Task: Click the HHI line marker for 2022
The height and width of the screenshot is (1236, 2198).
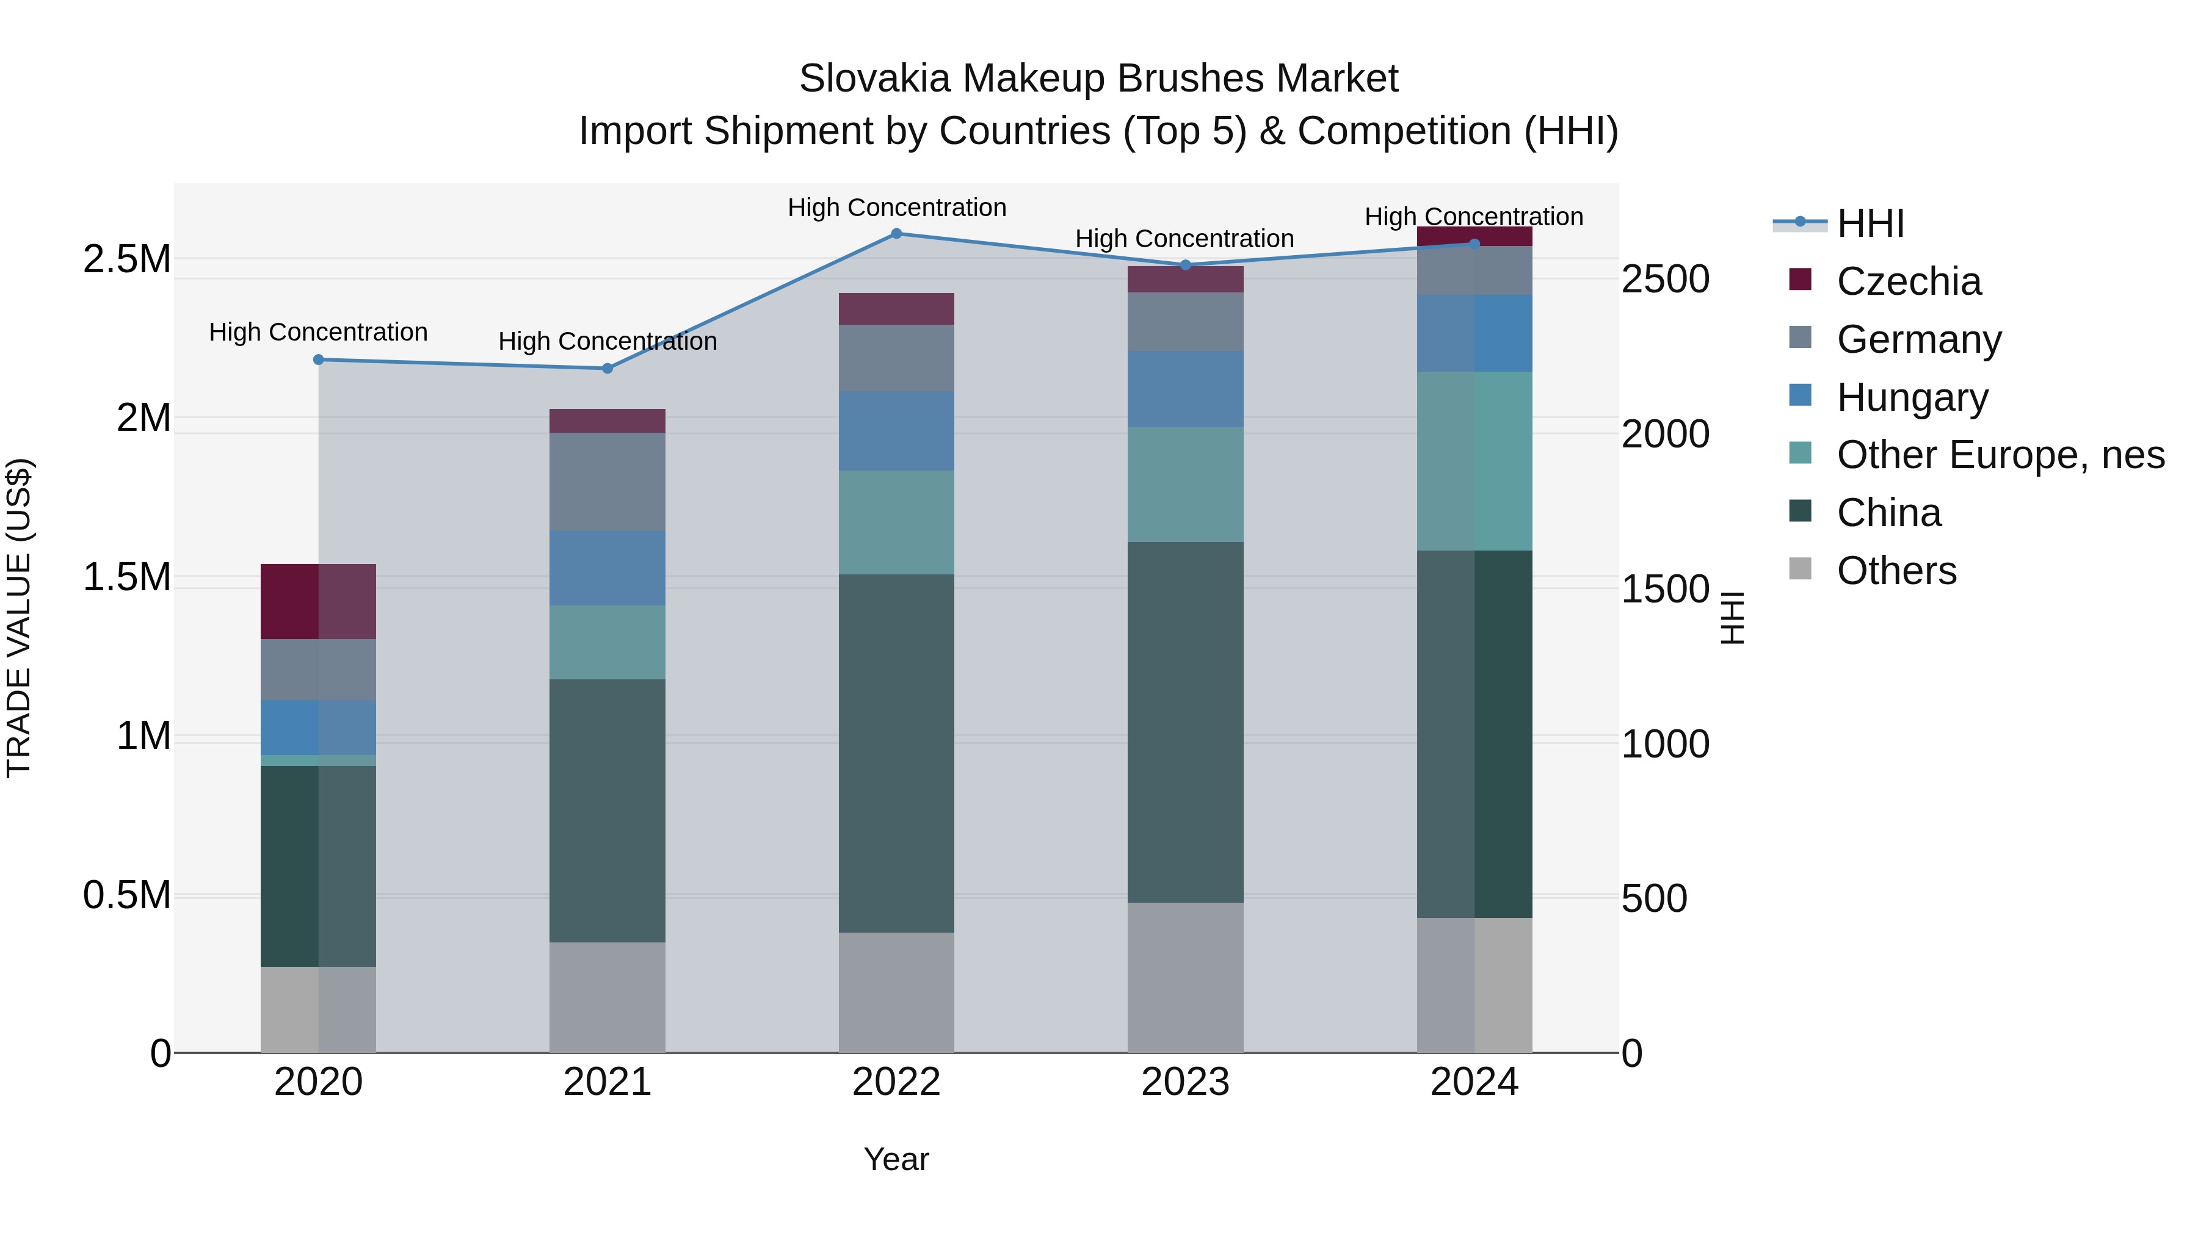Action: [x=896, y=234]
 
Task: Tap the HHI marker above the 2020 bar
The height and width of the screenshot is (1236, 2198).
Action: [x=318, y=360]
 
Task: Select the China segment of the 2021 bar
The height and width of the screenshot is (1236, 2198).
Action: [x=607, y=811]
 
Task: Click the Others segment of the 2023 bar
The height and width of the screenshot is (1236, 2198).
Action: [x=1185, y=978]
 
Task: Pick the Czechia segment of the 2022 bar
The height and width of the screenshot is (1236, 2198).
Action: [x=896, y=309]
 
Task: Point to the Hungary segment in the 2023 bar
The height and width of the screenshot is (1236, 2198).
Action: [x=1185, y=389]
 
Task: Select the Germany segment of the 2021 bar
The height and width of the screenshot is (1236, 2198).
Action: [x=607, y=482]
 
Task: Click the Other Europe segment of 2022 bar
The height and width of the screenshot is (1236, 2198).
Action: [x=896, y=522]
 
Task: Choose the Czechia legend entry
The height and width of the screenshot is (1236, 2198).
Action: [x=1908, y=281]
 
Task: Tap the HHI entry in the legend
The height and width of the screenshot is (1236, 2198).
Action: [x=1870, y=223]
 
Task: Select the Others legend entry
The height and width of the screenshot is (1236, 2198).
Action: [x=1896, y=571]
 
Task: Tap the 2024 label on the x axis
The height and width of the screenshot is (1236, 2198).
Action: [x=1474, y=1082]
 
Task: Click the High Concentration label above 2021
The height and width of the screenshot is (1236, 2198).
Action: [x=607, y=341]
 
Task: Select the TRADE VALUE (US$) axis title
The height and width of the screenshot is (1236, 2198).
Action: [x=19, y=618]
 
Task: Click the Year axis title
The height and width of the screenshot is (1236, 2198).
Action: [x=896, y=1159]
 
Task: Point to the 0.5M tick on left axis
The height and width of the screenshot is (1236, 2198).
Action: [x=127, y=895]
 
